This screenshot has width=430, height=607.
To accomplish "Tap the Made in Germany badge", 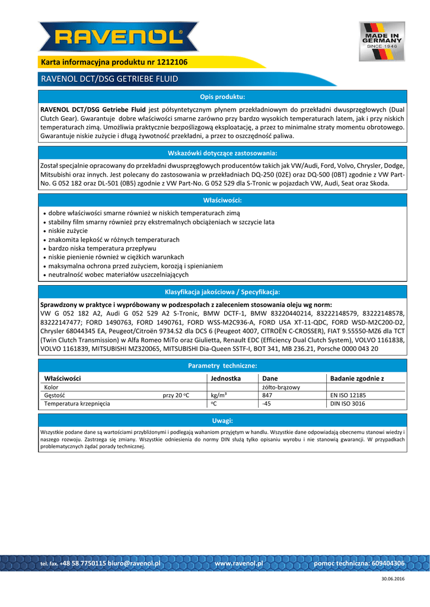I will (x=381, y=41).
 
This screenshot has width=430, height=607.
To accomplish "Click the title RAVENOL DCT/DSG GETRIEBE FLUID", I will (x=109, y=79).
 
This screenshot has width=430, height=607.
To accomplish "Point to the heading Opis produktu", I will (x=222, y=97).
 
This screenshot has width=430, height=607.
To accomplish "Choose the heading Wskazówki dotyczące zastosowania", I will (x=222, y=153).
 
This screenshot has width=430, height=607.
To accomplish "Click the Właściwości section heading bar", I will (x=222, y=200).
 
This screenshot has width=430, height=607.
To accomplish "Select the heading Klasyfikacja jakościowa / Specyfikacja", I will (x=222, y=292).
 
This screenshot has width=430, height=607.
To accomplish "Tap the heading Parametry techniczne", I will (x=222, y=366).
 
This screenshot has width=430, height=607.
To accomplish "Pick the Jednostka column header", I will (x=225, y=378).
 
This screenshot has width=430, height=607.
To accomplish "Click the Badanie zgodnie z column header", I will (x=357, y=378).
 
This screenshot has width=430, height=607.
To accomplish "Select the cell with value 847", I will (x=267, y=395).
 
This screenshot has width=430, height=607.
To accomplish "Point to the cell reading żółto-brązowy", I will (x=281, y=387).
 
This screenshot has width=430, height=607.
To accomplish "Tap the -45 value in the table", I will (x=266, y=404).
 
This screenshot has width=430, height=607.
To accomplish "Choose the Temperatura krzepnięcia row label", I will (x=77, y=404).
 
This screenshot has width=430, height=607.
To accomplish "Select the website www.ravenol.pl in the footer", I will (x=238, y=563).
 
